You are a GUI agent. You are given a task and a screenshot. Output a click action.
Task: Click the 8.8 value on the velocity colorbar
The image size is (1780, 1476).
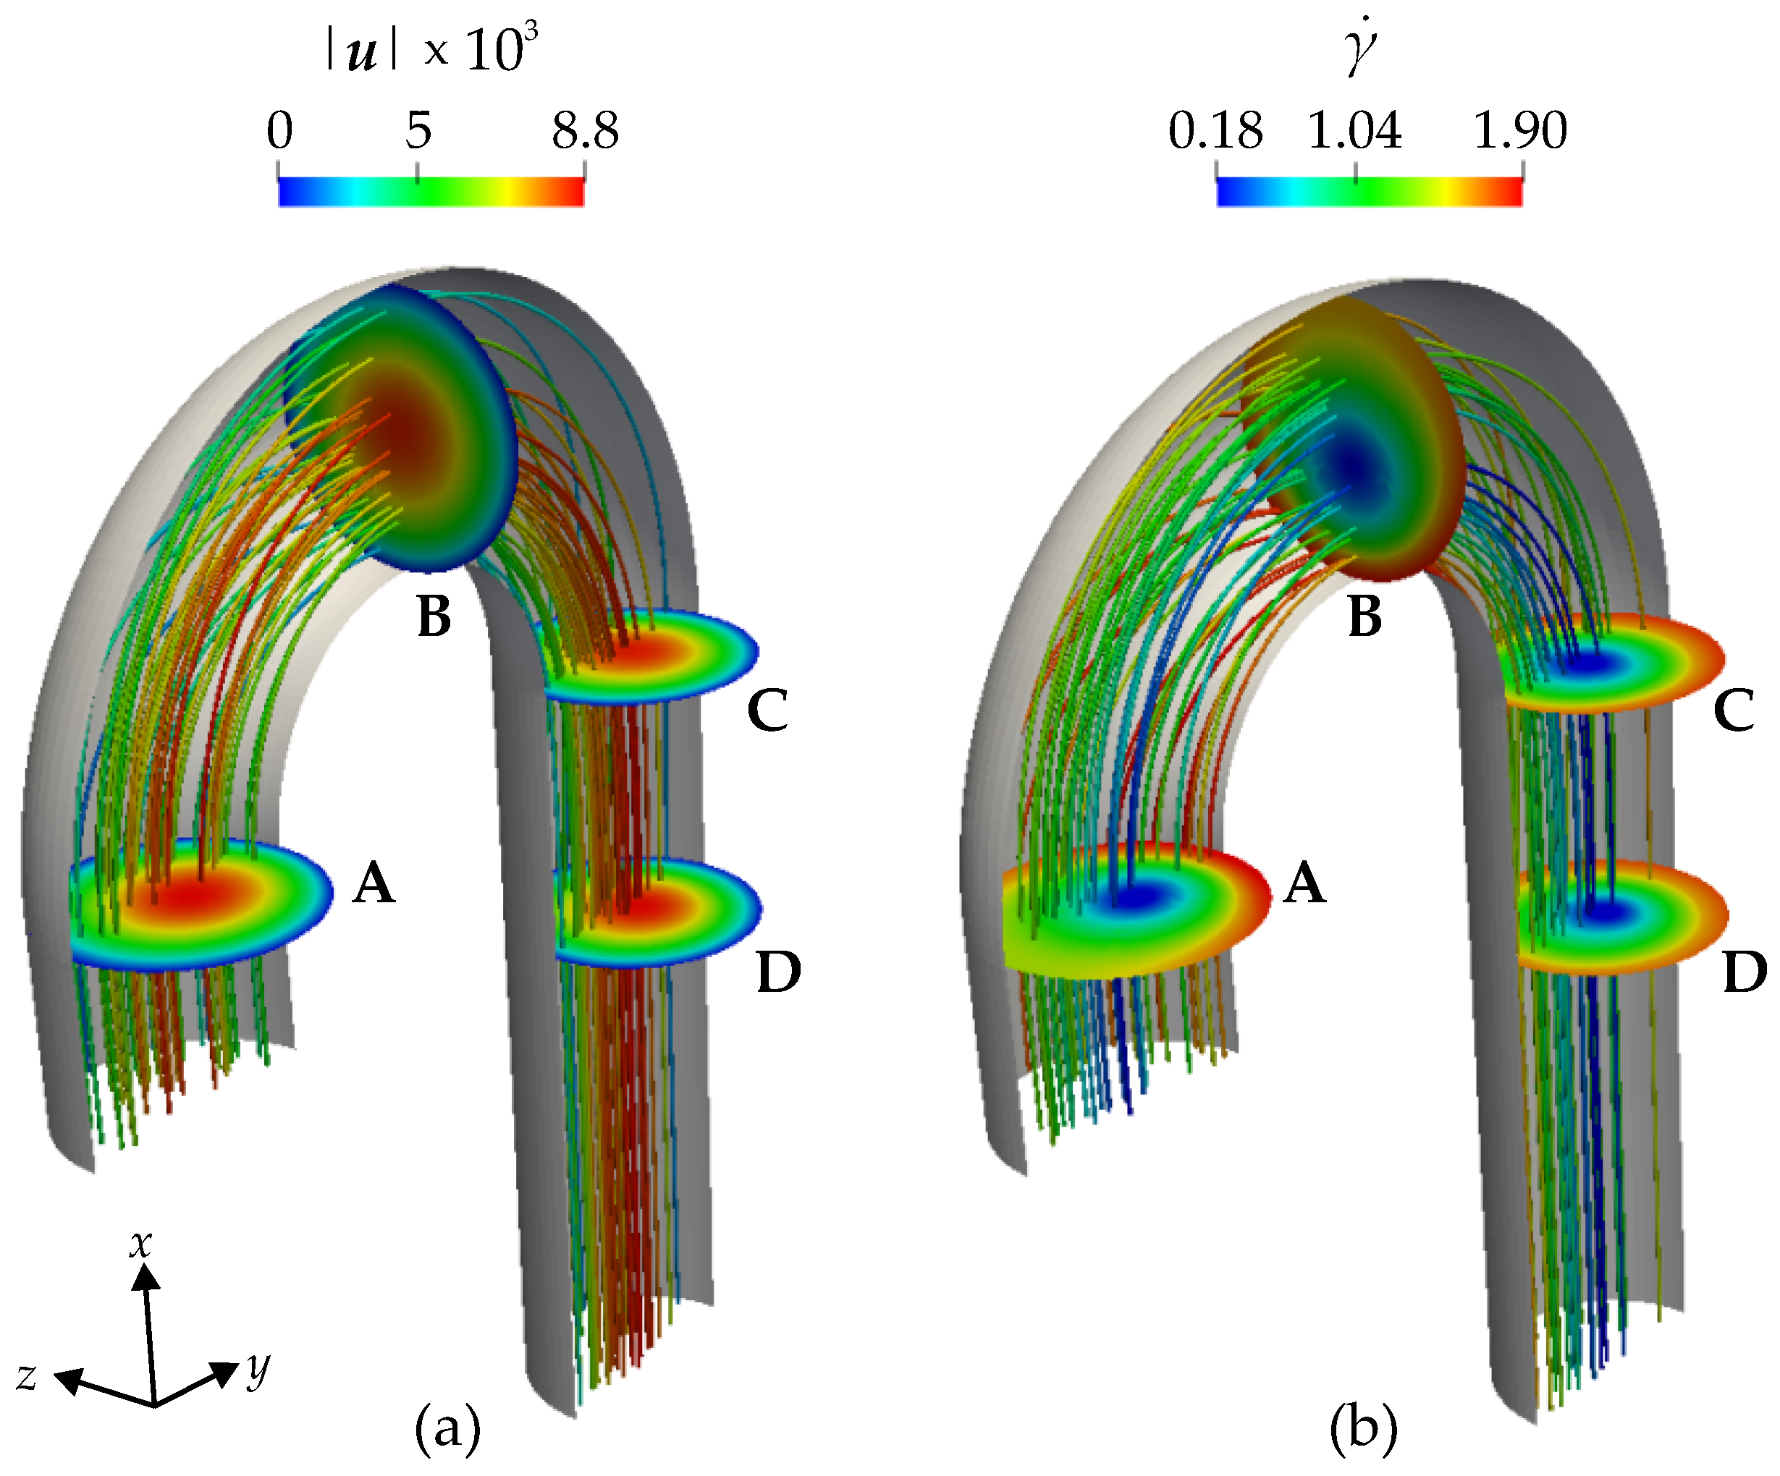tap(585, 132)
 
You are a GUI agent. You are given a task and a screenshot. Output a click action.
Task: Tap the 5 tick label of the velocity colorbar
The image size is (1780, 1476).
tap(418, 132)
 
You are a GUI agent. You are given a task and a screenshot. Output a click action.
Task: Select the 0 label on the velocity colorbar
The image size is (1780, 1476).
tap(279, 132)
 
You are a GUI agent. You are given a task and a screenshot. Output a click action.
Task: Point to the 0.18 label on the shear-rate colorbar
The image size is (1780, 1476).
tap(1215, 132)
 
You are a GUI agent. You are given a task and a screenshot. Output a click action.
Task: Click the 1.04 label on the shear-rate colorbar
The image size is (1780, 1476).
tap(1354, 132)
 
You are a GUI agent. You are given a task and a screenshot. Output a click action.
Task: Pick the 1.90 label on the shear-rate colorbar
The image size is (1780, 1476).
tap(1521, 132)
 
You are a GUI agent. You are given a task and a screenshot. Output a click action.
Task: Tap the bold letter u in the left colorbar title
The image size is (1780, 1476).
tap(363, 53)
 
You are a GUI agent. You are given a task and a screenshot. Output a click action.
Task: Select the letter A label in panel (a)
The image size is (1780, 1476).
tap(374, 883)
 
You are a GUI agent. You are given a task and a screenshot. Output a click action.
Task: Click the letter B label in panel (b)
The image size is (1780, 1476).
tap(1364, 616)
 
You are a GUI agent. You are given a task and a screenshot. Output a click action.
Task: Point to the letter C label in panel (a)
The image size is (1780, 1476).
tap(767, 710)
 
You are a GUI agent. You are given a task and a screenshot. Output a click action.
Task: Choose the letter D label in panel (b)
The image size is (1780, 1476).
tap(1745, 972)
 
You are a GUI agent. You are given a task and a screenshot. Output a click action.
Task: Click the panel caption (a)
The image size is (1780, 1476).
tap(447, 1428)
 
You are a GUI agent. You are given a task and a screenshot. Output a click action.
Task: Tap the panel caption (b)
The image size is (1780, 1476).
tap(1364, 1428)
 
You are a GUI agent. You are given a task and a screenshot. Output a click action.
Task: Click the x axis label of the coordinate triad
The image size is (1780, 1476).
tap(140, 1244)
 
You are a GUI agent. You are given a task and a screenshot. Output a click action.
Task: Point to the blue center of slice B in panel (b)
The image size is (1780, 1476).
tap(1348, 465)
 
